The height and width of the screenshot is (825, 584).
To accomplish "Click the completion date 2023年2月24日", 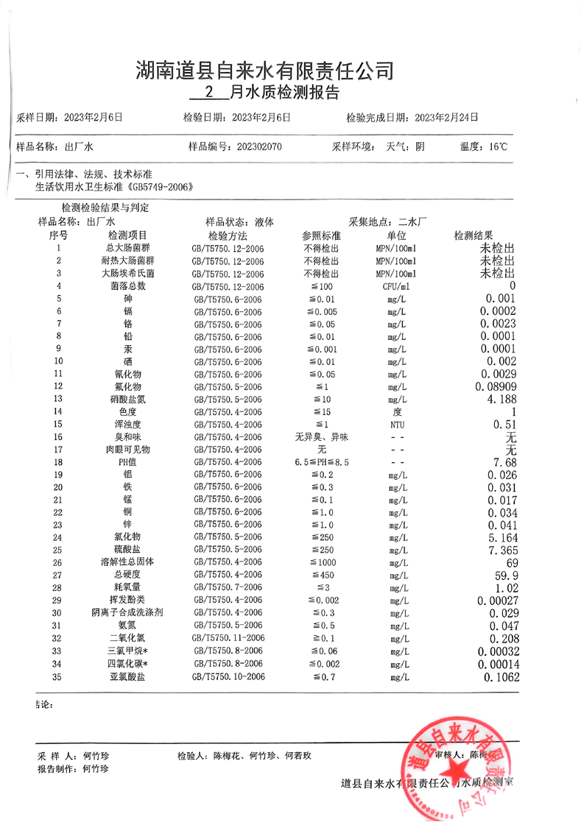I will coord(446,116).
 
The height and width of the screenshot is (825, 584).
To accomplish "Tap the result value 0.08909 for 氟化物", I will coord(494,386).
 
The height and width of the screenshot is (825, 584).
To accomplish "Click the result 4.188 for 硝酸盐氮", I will coord(498,399).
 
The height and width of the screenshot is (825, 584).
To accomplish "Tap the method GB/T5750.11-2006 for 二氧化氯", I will coord(228,638).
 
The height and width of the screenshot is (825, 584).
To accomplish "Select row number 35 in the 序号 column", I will coord(58,676).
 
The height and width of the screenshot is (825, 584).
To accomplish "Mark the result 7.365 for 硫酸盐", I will coord(499,550).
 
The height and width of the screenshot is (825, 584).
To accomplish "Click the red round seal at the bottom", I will coord(457,769).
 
